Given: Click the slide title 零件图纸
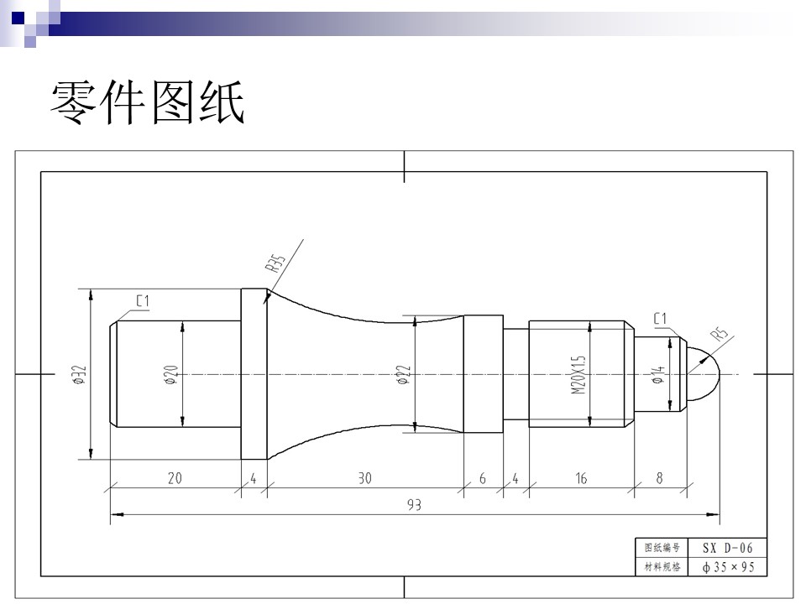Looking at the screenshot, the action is (x=147, y=102).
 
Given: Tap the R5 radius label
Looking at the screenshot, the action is (x=720, y=335).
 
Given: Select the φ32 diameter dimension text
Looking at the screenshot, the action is (x=79, y=374).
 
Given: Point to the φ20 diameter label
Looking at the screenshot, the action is (x=171, y=375).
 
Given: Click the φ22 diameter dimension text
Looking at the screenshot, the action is (x=404, y=375).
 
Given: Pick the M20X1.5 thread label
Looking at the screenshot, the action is (x=578, y=374).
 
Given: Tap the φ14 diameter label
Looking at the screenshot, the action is (x=658, y=375).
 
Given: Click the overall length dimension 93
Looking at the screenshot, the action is (x=414, y=505).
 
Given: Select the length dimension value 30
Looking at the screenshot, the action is (x=365, y=478).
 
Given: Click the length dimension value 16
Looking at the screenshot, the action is (x=581, y=478).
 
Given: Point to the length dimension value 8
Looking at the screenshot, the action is (x=660, y=478).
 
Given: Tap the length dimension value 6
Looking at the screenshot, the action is (x=482, y=478).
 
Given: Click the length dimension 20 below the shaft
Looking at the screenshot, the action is (x=175, y=478).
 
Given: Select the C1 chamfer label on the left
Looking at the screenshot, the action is (x=143, y=300).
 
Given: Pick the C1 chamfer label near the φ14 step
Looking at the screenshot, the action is (x=660, y=319).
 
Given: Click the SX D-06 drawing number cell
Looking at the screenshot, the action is (x=727, y=548).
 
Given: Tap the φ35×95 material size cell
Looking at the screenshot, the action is (x=727, y=567).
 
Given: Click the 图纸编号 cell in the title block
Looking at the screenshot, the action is (x=662, y=548).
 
